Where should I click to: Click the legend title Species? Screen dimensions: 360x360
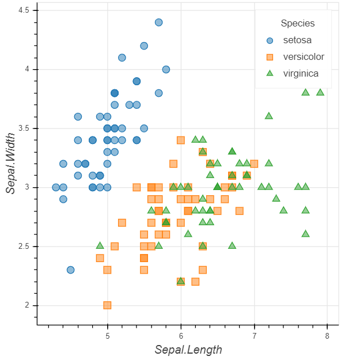coord(298,24)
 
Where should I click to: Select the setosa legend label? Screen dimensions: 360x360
coord(297,40)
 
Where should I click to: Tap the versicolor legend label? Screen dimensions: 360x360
coord(304,56)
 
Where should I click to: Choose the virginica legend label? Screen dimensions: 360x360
coord(301,73)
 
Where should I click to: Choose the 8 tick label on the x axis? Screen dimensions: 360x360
coord(327,336)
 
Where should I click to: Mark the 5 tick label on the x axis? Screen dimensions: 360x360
coord(108,336)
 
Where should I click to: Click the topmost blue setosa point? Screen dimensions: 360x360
coord(158,22)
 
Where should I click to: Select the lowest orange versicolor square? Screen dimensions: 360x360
coord(107,305)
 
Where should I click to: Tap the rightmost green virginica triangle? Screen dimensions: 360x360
coord(320,92)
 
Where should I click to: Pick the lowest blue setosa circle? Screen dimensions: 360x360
coord(70,270)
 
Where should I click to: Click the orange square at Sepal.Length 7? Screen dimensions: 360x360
coord(254,164)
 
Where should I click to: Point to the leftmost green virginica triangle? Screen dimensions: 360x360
coord(100,246)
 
